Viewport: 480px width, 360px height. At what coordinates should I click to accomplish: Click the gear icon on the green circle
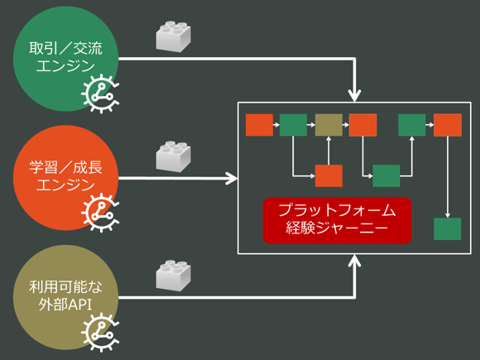pos(101,96)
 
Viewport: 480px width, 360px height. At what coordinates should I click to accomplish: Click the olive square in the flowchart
pos(329,125)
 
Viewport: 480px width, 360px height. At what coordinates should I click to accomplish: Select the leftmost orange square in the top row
pos(259,125)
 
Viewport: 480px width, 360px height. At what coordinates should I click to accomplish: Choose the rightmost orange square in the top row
pos(448,125)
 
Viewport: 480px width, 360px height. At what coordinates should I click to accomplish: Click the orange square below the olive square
pos(329,175)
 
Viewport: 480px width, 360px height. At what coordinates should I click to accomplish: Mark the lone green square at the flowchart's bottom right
pos(448,228)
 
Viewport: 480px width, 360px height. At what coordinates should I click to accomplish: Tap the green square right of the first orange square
pos(293,125)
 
